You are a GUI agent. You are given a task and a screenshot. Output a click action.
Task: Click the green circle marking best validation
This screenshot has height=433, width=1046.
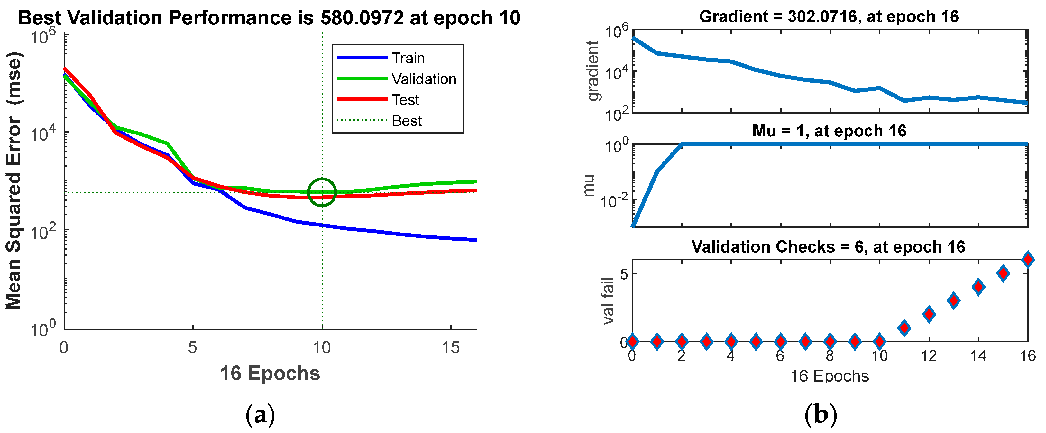(x=322, y=192)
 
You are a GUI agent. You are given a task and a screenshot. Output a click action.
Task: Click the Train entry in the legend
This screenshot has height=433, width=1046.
(x=408, y=58)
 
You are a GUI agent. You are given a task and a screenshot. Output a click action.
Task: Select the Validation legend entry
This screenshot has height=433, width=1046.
(x=424, y=79)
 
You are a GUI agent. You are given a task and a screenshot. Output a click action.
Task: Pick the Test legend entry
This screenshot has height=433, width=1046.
(x=405, y=100)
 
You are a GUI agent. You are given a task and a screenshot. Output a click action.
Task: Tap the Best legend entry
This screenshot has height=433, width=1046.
(x=407, y=121)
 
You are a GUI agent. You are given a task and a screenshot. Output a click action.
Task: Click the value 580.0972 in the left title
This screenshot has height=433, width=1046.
(x=362, y=18)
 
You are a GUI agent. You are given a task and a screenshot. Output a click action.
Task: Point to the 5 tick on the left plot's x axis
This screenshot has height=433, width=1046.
(x=192, y=348)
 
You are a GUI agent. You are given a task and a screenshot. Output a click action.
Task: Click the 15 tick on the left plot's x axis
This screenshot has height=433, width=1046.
(x=451, y=348)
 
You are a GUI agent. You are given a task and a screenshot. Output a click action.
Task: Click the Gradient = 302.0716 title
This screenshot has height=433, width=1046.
(x=829, y=17)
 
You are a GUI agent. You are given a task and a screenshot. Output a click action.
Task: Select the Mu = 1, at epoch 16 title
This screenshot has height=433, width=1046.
(x=829, y=131)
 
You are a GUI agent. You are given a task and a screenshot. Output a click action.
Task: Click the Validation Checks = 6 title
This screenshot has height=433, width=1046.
(x=828, y=246)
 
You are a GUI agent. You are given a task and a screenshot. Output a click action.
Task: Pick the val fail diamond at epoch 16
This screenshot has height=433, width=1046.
(x=1028, y=260)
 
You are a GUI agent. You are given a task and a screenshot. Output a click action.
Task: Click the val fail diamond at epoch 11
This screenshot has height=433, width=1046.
(x=904, y=328)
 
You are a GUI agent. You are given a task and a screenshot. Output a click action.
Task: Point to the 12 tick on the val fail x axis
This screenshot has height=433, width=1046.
(x=929, y=356)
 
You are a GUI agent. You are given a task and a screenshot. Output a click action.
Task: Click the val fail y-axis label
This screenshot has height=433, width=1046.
(x=608, y=300)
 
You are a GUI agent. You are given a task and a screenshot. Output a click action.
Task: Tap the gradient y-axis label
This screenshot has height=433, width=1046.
(x=593, y=71)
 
